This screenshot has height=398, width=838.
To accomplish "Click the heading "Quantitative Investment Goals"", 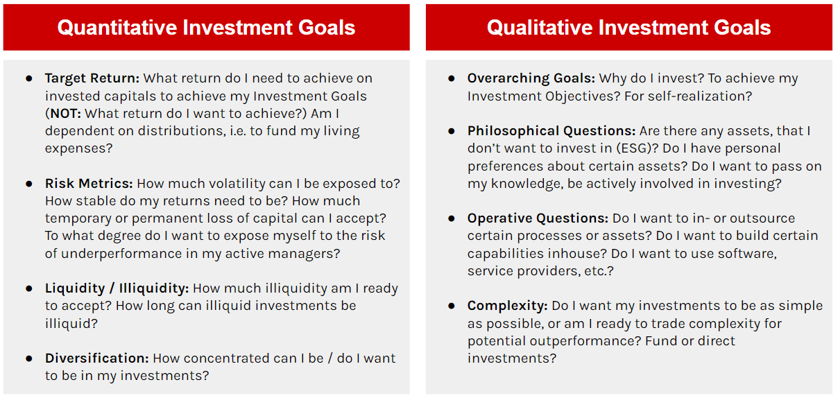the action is click(x=206, y=28).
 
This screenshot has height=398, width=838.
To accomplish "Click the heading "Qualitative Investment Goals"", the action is click(x=629, y=28).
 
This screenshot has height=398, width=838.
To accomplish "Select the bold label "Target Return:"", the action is click(x=92, y=78).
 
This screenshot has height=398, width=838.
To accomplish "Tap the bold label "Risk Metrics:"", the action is click(x=89, y=184).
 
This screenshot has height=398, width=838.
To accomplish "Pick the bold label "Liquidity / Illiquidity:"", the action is click(x=117, y=288).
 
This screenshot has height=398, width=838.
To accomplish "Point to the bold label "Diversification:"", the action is click(x=97, y=358).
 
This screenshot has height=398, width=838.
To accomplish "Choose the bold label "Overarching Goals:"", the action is click(x=531, y=78).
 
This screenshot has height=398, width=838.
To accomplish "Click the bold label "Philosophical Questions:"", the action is click(x=551, y=131).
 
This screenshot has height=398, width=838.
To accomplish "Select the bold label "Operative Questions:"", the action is click(x=538, y=218).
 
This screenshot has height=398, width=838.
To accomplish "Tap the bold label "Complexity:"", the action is click(x=508, y=306).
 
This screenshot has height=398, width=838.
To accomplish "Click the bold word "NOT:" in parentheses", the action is click(x=65, y=113).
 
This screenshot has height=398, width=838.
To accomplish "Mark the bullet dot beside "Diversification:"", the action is click(x=29, y=358).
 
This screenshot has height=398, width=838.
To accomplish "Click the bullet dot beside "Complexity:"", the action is click(x=452, y=306).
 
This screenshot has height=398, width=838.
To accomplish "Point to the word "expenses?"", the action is click(x=78, y=149).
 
